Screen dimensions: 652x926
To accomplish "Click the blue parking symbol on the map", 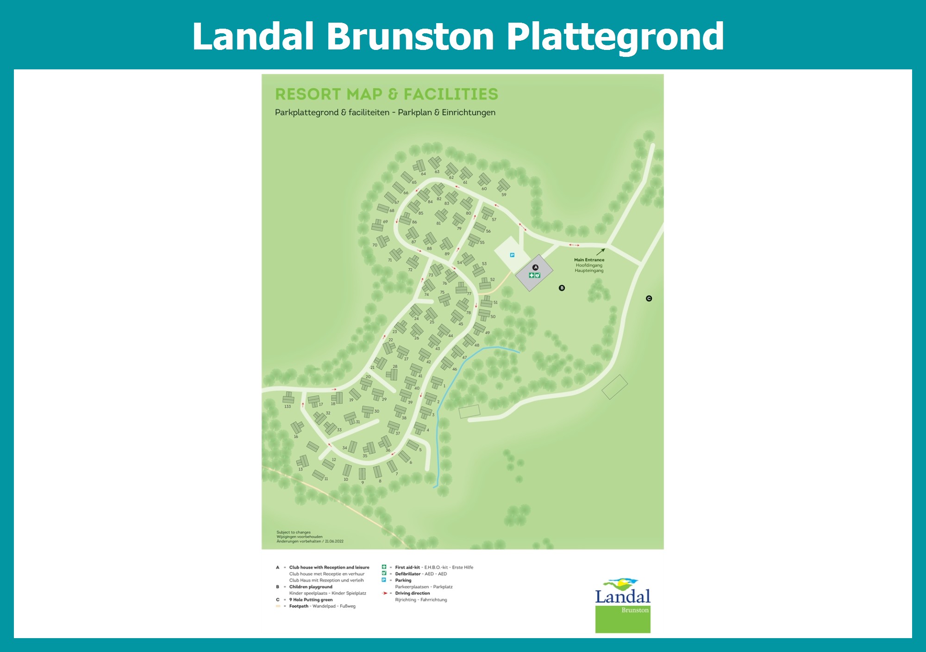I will pyautogui.click(x=512, y=255).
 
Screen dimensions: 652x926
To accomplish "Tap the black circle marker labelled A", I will pyautogui.click(x=536, y=267).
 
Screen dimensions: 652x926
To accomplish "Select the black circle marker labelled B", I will pyautogui.click(x=562, y=288).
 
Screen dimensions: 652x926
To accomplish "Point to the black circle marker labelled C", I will pyautogui.click(x=649, y=299).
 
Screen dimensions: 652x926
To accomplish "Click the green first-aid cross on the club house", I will pyautogui.click(x=532, y=275).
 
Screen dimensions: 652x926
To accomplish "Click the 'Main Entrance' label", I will pyautogui.click(x=589, y=260).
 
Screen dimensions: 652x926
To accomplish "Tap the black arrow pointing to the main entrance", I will pyautogui.click(x=601, y=252).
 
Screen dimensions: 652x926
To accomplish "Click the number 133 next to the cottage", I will pyautogui.click(x=288, y=406).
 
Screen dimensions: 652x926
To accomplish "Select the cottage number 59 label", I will pyautogui.click(x=504, y=195).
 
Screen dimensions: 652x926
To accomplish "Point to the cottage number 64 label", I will pyautogui.click(x=423, y=174).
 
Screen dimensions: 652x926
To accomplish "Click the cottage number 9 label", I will pyautogui.click(x=363, y=483).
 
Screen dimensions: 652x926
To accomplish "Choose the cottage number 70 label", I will pyautogui.click(x=375, y=245).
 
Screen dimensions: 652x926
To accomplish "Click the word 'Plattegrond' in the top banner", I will pyautogui.click(x=615, y=37).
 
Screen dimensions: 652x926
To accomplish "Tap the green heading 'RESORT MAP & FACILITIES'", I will pyautogui.click(x=387, y=94).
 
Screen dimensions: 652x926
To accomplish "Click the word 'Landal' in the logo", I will pyautogui.click(x=623, y=597).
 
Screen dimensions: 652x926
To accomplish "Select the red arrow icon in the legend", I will pyautogui.click(x=384, y=593).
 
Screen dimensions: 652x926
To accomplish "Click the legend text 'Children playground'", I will pyautogui.click(x=311, y=587).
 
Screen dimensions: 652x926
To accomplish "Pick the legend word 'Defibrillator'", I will pyautogui.click(x=408, y=574).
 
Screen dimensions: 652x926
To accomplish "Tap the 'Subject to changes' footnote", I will pyautogui.click(x=294, y=532).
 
